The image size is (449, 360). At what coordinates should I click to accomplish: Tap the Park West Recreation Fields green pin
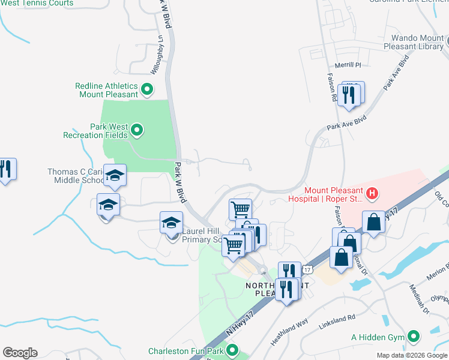coord(137,130)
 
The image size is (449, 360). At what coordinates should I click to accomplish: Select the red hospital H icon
coord(372,193)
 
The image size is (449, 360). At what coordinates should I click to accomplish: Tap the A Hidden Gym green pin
coord(413,337)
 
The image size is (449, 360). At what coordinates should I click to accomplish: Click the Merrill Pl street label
coord(349,65)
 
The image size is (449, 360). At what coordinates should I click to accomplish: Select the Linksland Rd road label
coord(338,317)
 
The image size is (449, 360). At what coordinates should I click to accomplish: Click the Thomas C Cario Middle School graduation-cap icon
coord(115,175)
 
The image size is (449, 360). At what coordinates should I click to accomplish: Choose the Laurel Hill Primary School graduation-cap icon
coord(171,223)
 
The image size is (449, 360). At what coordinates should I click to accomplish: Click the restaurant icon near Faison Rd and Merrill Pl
coord(349,94)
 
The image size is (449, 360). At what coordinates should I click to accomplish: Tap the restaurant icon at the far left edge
coord(5,169)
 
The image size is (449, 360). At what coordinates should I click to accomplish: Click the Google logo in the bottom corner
coord(20,353)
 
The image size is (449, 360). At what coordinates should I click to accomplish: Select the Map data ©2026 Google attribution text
coord(411,355)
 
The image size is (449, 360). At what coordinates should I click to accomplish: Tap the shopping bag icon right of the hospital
coord(373,221)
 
